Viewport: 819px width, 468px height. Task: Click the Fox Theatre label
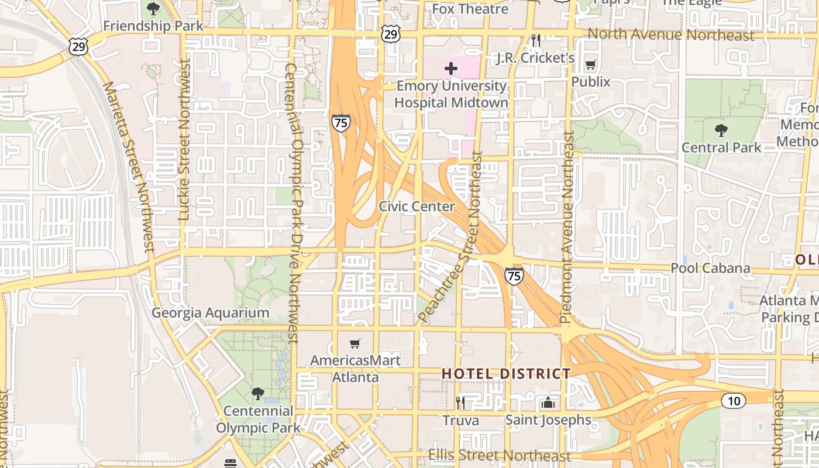pyautogui.click(x=470, y=9)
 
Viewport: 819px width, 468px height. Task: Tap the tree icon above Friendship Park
pyautogui.click(x=153, y=9)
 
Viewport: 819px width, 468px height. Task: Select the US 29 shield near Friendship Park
pyautogui.click(x=78, y=46)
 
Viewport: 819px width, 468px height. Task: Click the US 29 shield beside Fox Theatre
pyautogui.click(x=391, y=34)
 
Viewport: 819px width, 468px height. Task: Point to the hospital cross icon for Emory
pyautogui.click(x=450, y=68)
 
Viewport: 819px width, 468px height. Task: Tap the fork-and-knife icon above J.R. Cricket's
pyautogui.click(x=535, y=40)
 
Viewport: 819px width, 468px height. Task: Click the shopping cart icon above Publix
pyautogui.click(x=591, y=65)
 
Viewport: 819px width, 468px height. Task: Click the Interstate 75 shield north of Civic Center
pyautogui.click(x=340, y=123)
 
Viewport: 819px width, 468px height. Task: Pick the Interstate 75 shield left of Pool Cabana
pyautogui.click(x=514, y=276)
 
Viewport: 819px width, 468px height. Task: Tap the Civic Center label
pyautogui.click(x=417, y=207)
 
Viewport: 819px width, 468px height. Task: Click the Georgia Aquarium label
pyautogui.click(x=211, y=313)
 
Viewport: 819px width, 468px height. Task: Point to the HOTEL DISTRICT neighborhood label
pyautogui.click(x=506, y=373)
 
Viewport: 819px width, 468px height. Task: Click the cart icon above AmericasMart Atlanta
pyautogui.click(x=355, y=343)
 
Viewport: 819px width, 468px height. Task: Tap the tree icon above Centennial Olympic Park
pyautogui.click(x=257, y=393)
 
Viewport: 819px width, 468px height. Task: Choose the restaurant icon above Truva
pyautogui.click(x=460, y=402)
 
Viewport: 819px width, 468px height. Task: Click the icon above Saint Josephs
pyautogui.click(x=548, y=402)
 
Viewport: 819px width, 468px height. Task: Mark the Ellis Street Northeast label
pyautogui.click(x=499, y=455)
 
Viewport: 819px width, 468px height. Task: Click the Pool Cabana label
pyautogui.click(x=710, y=268)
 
